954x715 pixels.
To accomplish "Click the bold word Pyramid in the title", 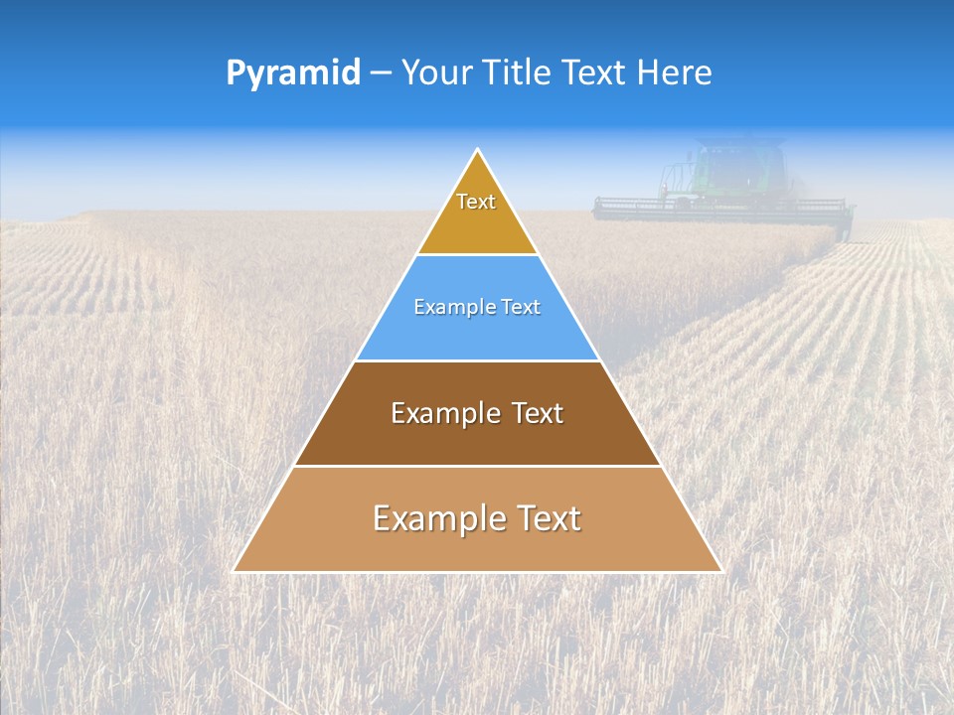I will (293, 73).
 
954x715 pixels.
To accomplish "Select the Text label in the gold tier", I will (476, 202).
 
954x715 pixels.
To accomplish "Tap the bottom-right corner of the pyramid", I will (720, 571).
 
